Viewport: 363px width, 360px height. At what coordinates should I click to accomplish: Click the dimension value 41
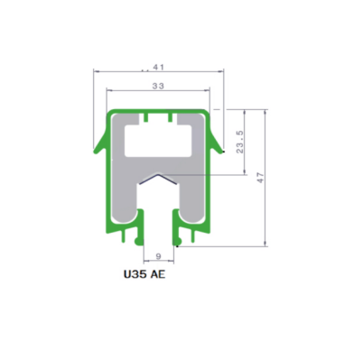pyautogui.click(x=158, y=67)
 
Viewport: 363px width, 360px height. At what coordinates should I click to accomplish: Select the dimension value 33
pyautogui.click(x=158, y=86)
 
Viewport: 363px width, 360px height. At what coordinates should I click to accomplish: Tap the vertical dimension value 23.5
pyautogui.click(x=240, y=142)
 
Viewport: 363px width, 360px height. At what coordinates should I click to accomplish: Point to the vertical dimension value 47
pyautogui.click(x=261, y=178)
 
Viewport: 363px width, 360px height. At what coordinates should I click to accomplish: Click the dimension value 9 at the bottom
pyautogui.click(x=159, y=256)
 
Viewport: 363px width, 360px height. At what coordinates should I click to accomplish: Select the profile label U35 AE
pyautogui.click(x=144, y=274)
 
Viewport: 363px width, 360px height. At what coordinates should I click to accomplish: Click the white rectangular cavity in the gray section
pyautogui.click(x=158, y=141)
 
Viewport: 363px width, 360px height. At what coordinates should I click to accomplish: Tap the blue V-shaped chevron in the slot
pyautogui.click(x=158, y=179)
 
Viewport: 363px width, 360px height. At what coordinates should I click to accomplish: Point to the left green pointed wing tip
pyautogui.click(x=95, y=151)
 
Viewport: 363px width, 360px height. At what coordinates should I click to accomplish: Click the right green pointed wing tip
pyautogui.click(x=222, y=151)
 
